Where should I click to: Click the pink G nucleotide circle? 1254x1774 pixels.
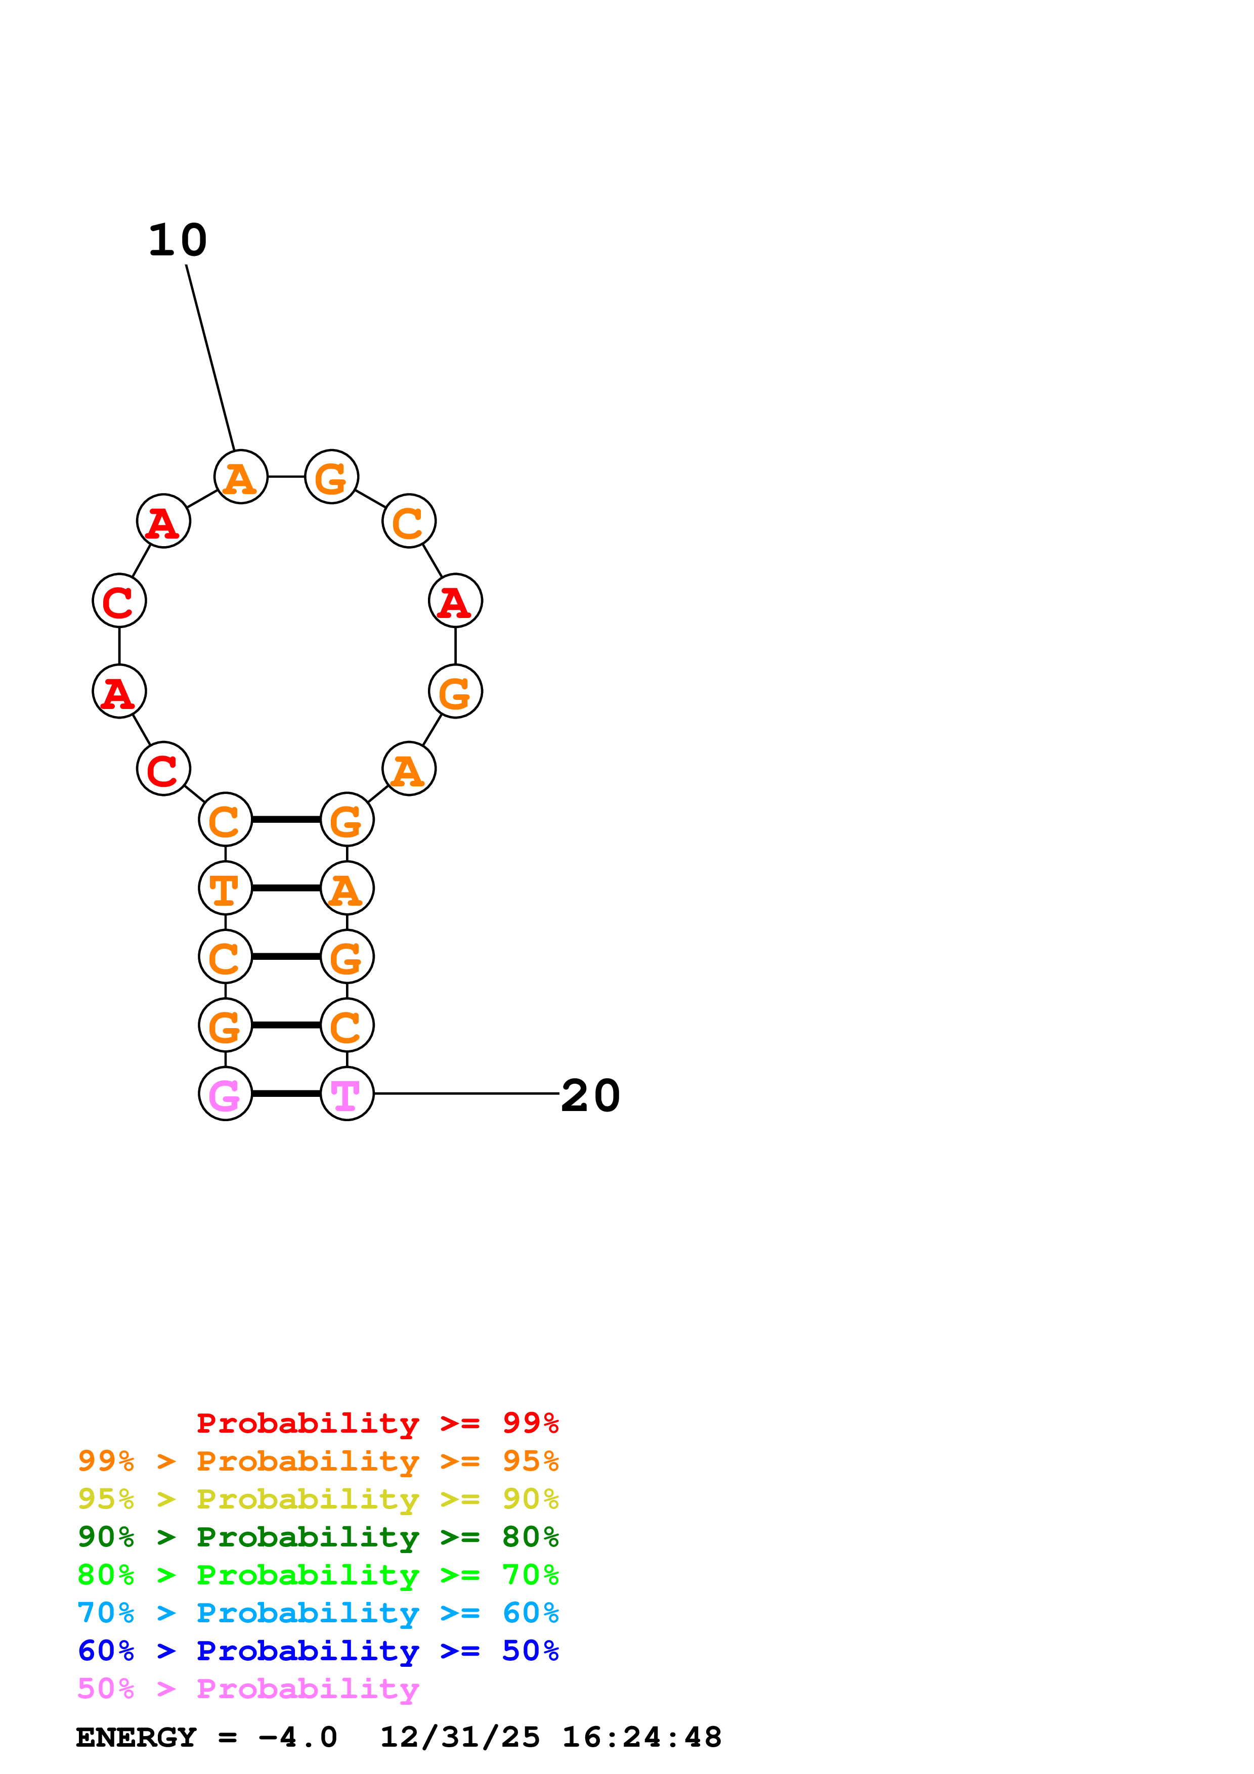(x=226, y=1093)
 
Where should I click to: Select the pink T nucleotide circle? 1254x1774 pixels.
(x=347, y=1093)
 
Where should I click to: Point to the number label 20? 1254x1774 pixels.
(x=590, y=1096)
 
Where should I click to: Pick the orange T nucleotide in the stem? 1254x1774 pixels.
(x=226, y=888)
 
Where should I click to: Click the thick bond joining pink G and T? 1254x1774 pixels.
(x=286, y=1093)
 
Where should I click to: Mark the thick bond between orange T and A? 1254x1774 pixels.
(x=286, y=888)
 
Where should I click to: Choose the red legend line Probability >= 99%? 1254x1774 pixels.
(x=378, y=1423)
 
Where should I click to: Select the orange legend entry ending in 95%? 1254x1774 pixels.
(x=318, y=1461)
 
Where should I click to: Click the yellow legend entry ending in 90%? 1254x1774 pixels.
(x=318, y=1499)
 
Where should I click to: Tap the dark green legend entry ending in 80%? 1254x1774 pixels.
(x=318, y=1537)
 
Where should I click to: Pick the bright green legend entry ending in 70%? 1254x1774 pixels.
(x=318, y=1575)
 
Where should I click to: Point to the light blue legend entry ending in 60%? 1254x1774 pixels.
(x=318, y=1613)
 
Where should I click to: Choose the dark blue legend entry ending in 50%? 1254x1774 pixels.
(x=318, y=1651)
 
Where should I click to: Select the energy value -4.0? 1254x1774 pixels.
(x=298, y=1738)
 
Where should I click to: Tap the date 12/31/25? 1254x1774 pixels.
(x=460, y=1738)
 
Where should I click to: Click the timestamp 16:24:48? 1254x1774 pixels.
(x=642, y=1738)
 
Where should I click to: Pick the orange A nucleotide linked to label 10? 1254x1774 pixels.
(x=241, y=477)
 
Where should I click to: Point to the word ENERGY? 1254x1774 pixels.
(x=136, y=1738)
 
